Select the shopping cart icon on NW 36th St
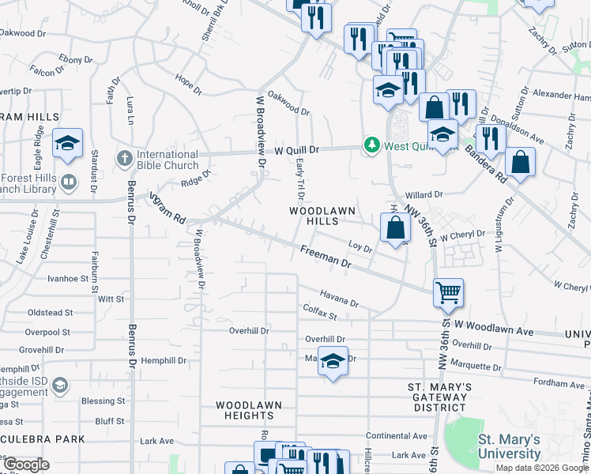coord(448,292)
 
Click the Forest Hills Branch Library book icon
coord(70,183)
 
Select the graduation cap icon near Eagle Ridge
coord(68,143)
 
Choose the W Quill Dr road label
coord(296,149)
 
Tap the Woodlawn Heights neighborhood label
coord(250,410)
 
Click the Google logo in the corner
coord(26,465)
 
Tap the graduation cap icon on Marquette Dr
coord(333,361)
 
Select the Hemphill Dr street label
coord(165,360)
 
